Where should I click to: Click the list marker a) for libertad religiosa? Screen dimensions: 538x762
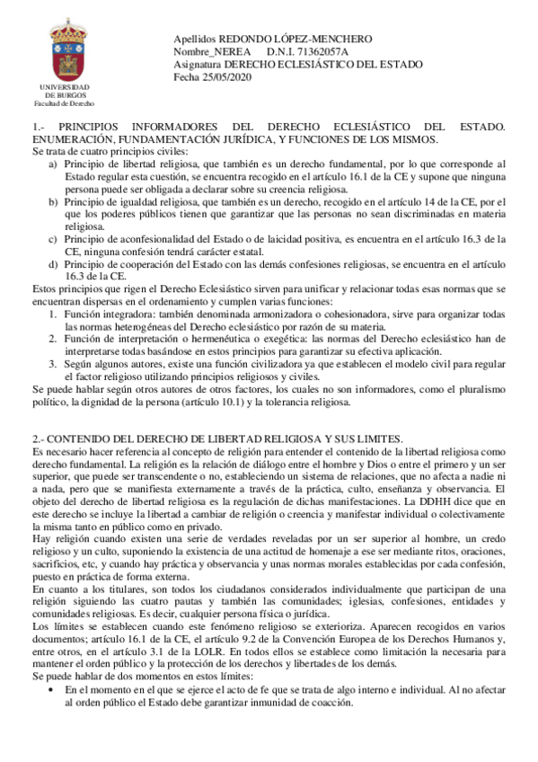pos(54,164)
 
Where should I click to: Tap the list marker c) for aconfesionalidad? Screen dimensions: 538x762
pos(54,239)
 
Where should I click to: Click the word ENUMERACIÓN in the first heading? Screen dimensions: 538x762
pos(74,141)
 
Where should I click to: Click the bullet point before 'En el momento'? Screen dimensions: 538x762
pos(52,689)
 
